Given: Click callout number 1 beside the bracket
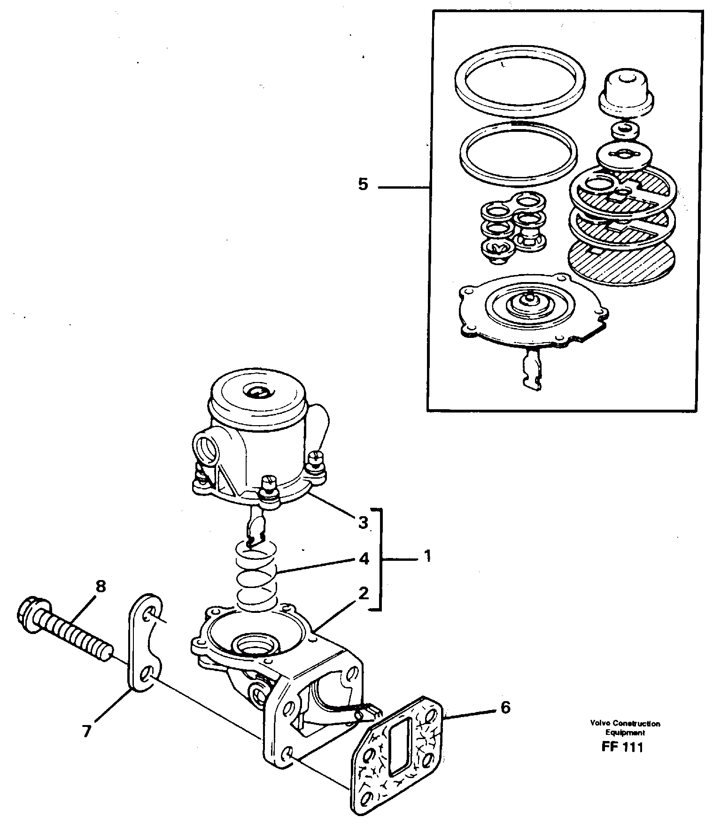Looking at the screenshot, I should click(426, 557).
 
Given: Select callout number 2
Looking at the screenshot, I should click(363, 593).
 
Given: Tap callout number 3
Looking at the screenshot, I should click(363, 522).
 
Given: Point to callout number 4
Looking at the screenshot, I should click(363, 558).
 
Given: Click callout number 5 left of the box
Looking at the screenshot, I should click(363, 184).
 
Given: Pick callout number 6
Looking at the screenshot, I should click(505, 707).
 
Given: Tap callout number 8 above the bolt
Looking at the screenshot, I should click(100, 587).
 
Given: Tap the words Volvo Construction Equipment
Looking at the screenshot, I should click(625, 728).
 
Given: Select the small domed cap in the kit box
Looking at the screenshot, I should click(627, 91).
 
